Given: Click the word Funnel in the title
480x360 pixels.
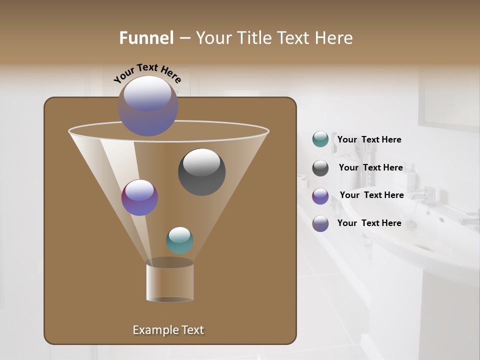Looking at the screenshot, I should click(x=146, y=38).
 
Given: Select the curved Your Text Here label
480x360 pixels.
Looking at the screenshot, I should click(x=147, y=73).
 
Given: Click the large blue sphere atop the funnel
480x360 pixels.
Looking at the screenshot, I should click(x=147, y=105).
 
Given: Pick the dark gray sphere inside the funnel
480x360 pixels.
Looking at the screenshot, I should click(x=201, y=171).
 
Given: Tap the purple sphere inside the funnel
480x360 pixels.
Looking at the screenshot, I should click(x=139, y=197).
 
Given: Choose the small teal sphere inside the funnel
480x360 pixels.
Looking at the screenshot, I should click(x=179, y=240).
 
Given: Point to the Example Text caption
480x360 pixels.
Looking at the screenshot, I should click(x=168, y=330).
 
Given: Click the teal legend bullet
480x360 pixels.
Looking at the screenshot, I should click(x=320, y=139).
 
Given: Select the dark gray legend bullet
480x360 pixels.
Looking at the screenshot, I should click(x=320, y=167).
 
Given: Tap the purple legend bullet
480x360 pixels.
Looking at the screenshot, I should click(x=320, y=196).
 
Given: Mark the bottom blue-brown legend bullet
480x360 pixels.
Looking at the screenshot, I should click(x=320, y=223).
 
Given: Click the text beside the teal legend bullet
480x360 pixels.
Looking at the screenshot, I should click(x=369, y=139).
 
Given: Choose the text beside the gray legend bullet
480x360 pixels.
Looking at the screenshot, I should click(x=370, y=167).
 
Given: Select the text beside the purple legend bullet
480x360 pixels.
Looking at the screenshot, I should click(x=371, y=195).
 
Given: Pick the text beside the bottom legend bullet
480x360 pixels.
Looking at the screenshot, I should click(x=369, y=223).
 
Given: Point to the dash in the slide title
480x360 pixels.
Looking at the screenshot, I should click(x=184, y=38).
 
